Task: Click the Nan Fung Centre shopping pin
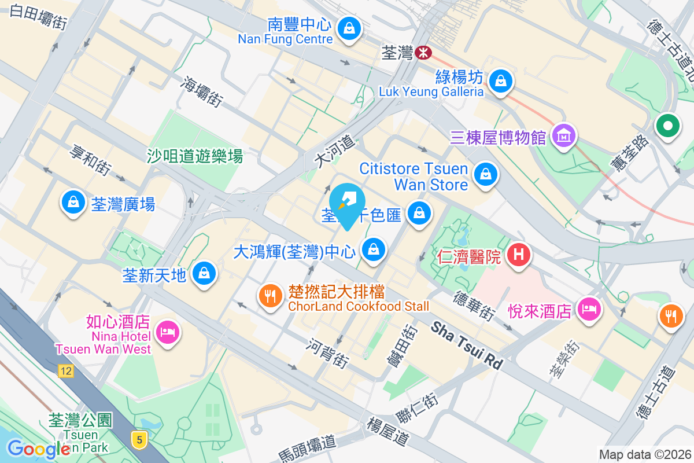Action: point(349,27)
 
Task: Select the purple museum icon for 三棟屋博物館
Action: point(563,136)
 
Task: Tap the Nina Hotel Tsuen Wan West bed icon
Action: point(167,332)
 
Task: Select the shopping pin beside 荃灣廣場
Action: point(73,202)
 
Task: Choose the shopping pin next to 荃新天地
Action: point(204,272)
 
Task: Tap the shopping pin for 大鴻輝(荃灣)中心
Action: point(374,249)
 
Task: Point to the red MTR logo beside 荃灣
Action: point(423,53)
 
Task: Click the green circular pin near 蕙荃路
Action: point(667,126)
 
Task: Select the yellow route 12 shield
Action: point(65,371)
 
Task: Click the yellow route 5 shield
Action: point(138,439)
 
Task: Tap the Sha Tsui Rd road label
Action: point(467,346)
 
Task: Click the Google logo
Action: point(39,449)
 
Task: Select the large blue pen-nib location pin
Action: point(347,203)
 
